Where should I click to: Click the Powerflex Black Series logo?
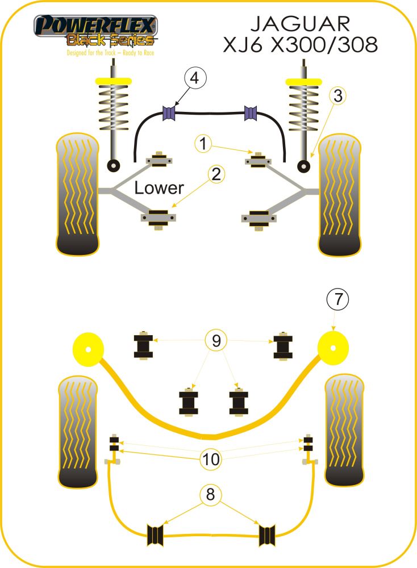click(95, 32)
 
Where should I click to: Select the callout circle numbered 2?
click(216, 175)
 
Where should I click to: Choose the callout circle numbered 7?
click(337, 299)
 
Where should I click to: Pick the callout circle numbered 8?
click(211, 495)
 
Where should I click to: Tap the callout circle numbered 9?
click(216, 341)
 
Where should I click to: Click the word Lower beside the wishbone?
click(159, 188)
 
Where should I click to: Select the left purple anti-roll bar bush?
click(168, 114)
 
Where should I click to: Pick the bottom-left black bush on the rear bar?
click(155, 534)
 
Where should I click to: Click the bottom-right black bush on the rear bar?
click(268, 534)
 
